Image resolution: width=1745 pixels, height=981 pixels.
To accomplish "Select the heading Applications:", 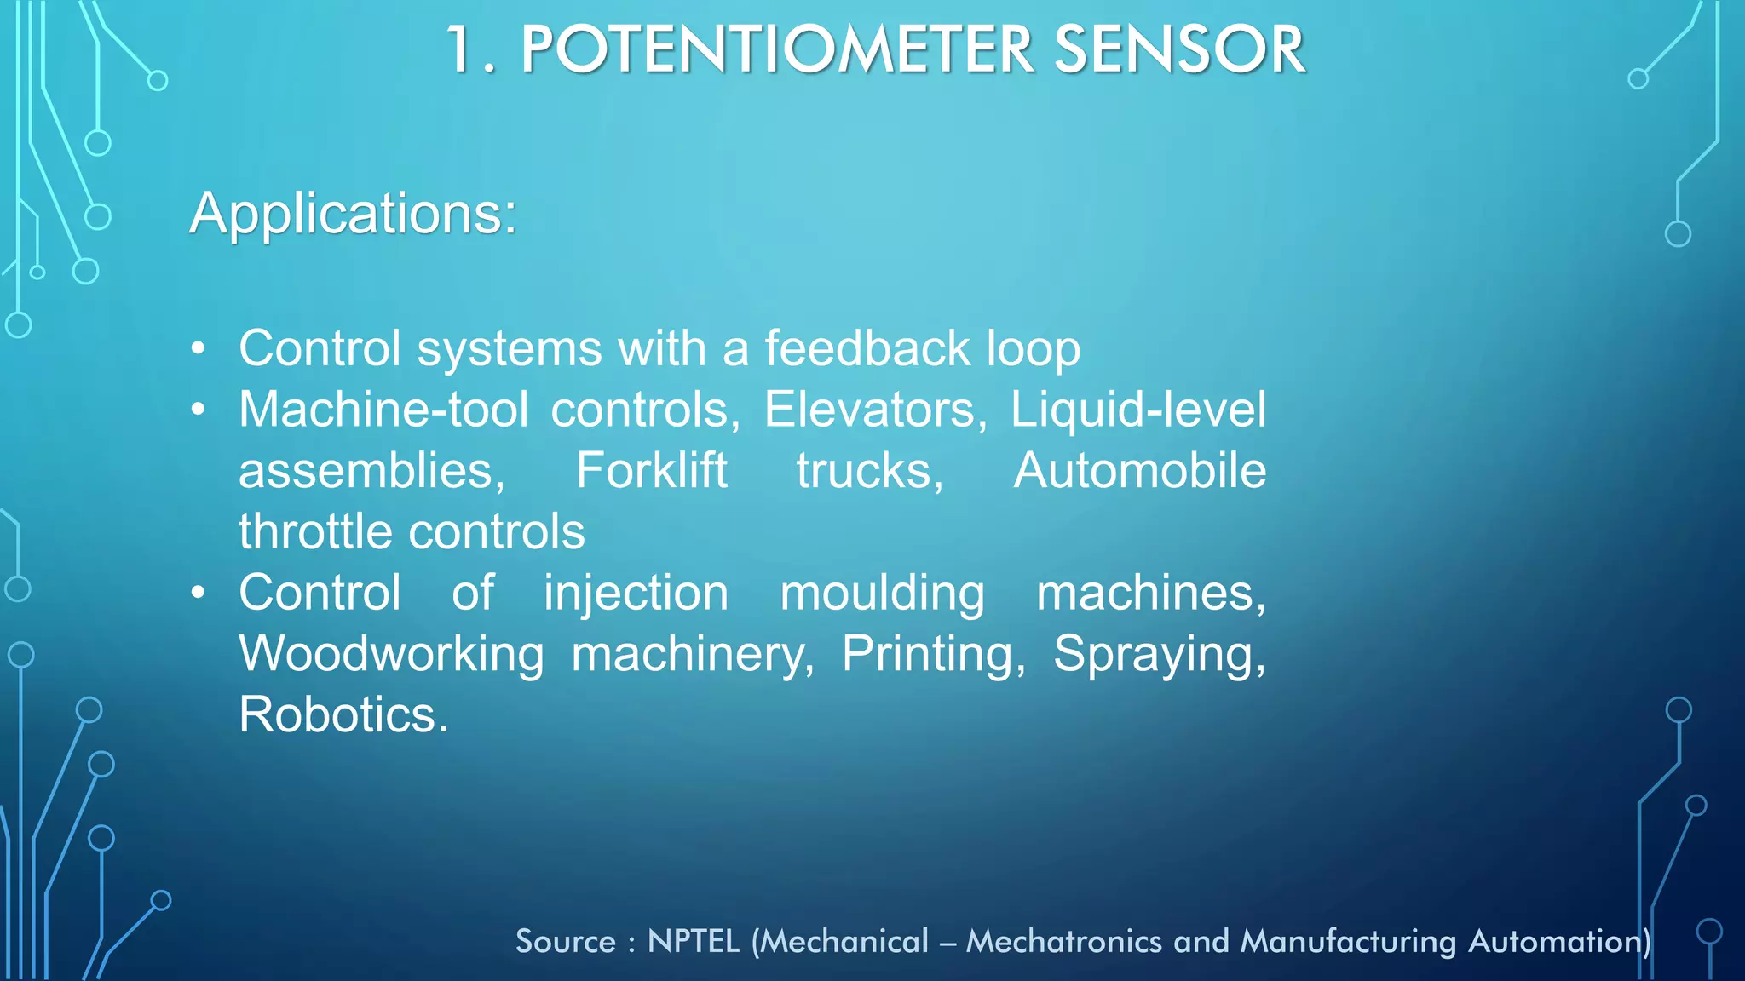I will pos(353,213).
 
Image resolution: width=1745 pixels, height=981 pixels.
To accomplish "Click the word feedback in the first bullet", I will pos(867,348).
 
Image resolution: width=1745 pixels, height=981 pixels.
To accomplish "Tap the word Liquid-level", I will pos(1138,410).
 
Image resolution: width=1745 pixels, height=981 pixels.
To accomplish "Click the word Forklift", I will pos(652,471).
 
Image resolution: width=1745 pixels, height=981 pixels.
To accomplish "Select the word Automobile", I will pos(1139,471).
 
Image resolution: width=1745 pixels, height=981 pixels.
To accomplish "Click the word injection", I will pos(636,594).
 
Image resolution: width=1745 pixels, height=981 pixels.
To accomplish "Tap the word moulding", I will pos(883,594).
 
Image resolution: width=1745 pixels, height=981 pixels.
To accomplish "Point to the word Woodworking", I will pos(391,654).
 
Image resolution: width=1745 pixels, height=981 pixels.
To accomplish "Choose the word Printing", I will pos(934,654).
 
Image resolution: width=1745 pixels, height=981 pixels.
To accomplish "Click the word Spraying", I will pos(1159,654).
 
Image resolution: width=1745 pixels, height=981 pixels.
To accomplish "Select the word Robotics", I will pos(343,714).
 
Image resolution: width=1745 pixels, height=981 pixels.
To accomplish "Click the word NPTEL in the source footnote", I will pos(694,942).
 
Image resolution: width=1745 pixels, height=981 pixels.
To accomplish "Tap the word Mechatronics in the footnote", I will pos(1063,942).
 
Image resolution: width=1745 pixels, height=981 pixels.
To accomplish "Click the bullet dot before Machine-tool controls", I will pos(199,410).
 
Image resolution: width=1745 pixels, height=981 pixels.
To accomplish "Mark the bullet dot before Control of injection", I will pos(199,593).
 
